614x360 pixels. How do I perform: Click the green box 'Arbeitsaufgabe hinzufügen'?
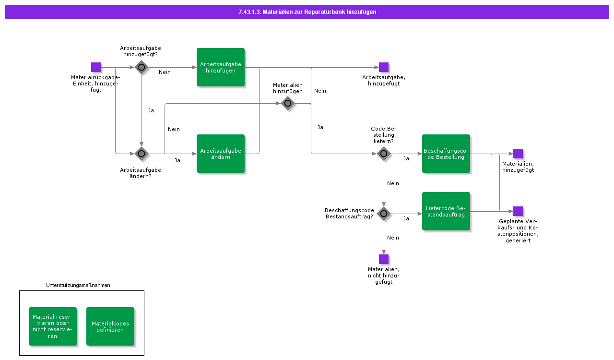(x=220, y=67)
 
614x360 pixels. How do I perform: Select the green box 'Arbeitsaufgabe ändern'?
(x=220, y=154)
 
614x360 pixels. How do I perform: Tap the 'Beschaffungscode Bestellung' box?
(x=446, y=154)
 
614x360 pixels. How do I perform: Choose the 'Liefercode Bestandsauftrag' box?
(x=446, y=211)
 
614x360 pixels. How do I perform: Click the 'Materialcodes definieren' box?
(x=110, y=326)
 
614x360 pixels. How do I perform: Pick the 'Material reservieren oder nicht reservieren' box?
(x=53, y=326)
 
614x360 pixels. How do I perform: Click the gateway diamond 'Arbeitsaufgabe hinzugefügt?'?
(x=142, y=67)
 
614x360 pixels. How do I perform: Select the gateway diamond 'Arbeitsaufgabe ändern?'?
(x=142, y=154)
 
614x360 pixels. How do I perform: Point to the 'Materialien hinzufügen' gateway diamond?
(x=288, y=104)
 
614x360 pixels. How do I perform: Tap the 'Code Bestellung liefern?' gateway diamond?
(x=384, y=154)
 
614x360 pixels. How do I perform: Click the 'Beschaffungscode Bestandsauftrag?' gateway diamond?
(x=384, y=214)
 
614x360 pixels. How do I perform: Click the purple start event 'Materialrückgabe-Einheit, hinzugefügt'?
(x=96, y=67)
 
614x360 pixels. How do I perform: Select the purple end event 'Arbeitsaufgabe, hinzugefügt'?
(x=384, y=67)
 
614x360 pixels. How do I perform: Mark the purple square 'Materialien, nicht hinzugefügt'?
(x=384, y=259)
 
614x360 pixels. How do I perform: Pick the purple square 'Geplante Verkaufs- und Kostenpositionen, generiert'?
(x=518, y=211)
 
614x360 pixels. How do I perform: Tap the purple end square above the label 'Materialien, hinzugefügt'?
(x=518, y=154)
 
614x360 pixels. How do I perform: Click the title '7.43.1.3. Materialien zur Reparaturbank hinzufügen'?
(x=307, y=12)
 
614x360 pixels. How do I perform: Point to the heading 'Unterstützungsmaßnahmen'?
(x=78, y=285)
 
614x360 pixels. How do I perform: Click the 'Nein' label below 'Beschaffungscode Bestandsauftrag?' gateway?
(x=393, y=238)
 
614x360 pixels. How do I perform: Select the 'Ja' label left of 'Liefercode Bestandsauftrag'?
(x=406, y=218)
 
